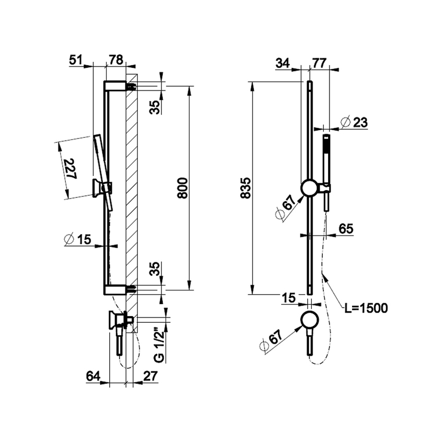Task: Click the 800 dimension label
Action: point(182,186)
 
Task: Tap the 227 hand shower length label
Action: point(69,169)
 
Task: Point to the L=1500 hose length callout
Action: point(366,308)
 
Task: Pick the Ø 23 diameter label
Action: point(354,122)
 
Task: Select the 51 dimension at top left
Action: point(77,60)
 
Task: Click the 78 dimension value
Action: point(115,60)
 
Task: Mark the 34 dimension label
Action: point(284,63)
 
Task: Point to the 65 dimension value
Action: point(346,228)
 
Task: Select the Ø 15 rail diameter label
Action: point(77,240)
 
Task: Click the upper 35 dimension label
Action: point(155,107)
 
